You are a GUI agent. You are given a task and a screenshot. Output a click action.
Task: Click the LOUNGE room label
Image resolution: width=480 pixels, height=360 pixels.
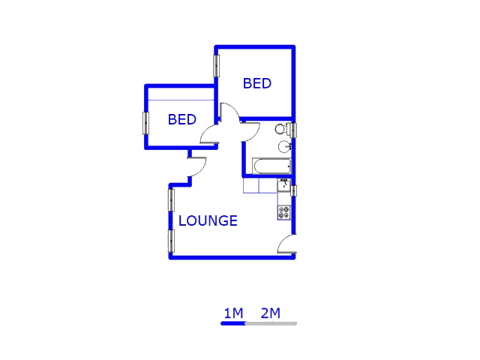click(x=208, y=220)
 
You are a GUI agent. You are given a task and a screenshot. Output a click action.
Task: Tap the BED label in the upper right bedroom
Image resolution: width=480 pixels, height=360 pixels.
click(x=257, y=83)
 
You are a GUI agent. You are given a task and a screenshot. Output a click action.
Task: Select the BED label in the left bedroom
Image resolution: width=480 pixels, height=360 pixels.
click(x=182, y=119)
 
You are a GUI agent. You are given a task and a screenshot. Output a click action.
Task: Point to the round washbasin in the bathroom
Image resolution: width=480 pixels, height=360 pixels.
click(x=285, y=147)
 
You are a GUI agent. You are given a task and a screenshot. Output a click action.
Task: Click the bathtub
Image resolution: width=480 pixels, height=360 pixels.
click(x=271, y=166)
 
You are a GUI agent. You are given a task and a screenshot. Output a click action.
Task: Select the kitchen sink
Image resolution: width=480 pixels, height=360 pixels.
click(x=284, y=185)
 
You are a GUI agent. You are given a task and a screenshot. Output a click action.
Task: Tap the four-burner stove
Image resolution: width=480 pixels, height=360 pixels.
click(x=284, y=212)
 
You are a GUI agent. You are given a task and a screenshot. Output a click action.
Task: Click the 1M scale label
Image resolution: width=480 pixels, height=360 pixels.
click(x=233, y=313)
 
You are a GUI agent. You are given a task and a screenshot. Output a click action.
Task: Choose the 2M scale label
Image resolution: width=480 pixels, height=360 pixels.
click(x=271, y=313)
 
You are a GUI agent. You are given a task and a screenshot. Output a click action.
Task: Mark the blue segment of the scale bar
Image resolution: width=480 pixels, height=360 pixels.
click(x=233, y=323)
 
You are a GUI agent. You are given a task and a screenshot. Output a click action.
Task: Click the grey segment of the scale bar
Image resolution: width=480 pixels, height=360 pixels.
click(x=271, y=323)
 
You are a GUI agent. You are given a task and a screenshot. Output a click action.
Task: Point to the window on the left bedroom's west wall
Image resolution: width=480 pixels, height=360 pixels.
click(x=145, y=123)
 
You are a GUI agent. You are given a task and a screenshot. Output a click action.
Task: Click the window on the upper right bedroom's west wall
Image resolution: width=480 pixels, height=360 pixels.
click(x=217, y=66)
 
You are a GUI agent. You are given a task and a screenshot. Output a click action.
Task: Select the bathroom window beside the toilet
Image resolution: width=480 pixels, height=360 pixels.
click(x=293, y=130)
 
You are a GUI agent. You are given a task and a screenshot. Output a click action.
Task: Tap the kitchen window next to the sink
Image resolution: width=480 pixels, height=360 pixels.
click(x=293, y=191)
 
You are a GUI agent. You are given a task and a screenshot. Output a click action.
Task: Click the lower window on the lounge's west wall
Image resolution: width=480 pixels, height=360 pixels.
click(x=171, y=241)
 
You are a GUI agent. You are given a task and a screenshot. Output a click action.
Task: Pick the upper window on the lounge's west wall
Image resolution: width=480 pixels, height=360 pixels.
click(x=171, y=200)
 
